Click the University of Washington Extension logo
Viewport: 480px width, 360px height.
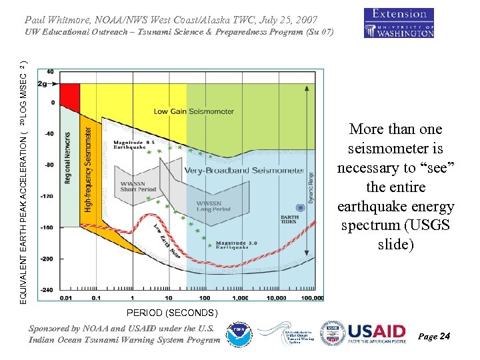tap(399, 23)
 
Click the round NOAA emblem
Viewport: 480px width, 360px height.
tap(238, 335)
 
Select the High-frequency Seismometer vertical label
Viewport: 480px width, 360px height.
tap(89, 170)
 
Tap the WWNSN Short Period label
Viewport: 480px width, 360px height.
tap(137, 186)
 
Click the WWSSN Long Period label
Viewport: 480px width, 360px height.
tap(214, 206)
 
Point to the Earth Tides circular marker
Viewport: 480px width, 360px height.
tap(301, 208)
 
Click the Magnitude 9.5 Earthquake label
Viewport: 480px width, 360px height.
tap(134, 145)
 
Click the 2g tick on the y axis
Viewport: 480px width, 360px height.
tap(43, 84)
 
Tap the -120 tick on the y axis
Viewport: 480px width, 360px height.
tap(46, 196)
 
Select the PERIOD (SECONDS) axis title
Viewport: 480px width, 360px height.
tap(172, 312)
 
